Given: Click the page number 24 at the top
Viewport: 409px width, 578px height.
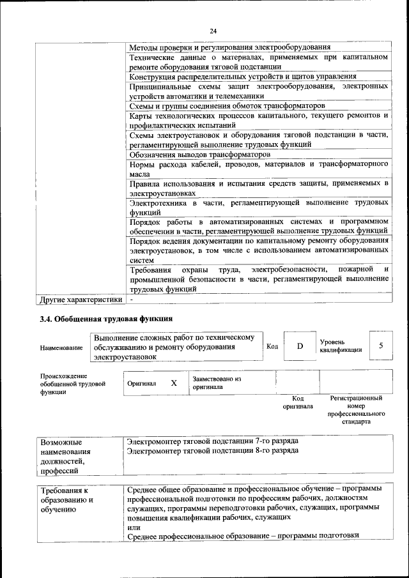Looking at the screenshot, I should tap(213, 29).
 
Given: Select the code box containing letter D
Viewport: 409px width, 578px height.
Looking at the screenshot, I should tap(299, 346).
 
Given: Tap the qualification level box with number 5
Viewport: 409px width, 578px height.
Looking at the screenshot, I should tap(381, 346).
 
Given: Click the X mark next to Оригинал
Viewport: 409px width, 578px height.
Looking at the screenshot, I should tap(173, 383).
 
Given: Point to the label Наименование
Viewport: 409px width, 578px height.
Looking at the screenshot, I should tap(61, 347).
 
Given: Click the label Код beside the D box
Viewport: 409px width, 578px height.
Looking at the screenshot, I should tap(272, 346).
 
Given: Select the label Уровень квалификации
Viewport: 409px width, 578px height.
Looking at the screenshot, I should tap(341, 346).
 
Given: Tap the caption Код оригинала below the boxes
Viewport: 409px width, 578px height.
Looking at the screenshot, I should tap(298, 402).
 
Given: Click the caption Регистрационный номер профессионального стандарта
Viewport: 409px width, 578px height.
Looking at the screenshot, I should tap(355, 410).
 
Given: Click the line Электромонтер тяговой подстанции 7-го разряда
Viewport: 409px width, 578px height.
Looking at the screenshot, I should tap(212, 441).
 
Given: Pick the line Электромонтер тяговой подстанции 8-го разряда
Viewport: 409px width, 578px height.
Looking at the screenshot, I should tap(212, 450).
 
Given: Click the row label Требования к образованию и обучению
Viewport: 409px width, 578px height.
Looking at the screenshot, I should tap(66, 501).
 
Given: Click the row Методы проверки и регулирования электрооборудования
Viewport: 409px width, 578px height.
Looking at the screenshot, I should tap(229, 47).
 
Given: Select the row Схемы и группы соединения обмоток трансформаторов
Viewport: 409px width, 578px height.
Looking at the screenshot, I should tap(227, 105).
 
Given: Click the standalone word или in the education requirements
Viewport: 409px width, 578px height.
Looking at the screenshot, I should tap(134, 527).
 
